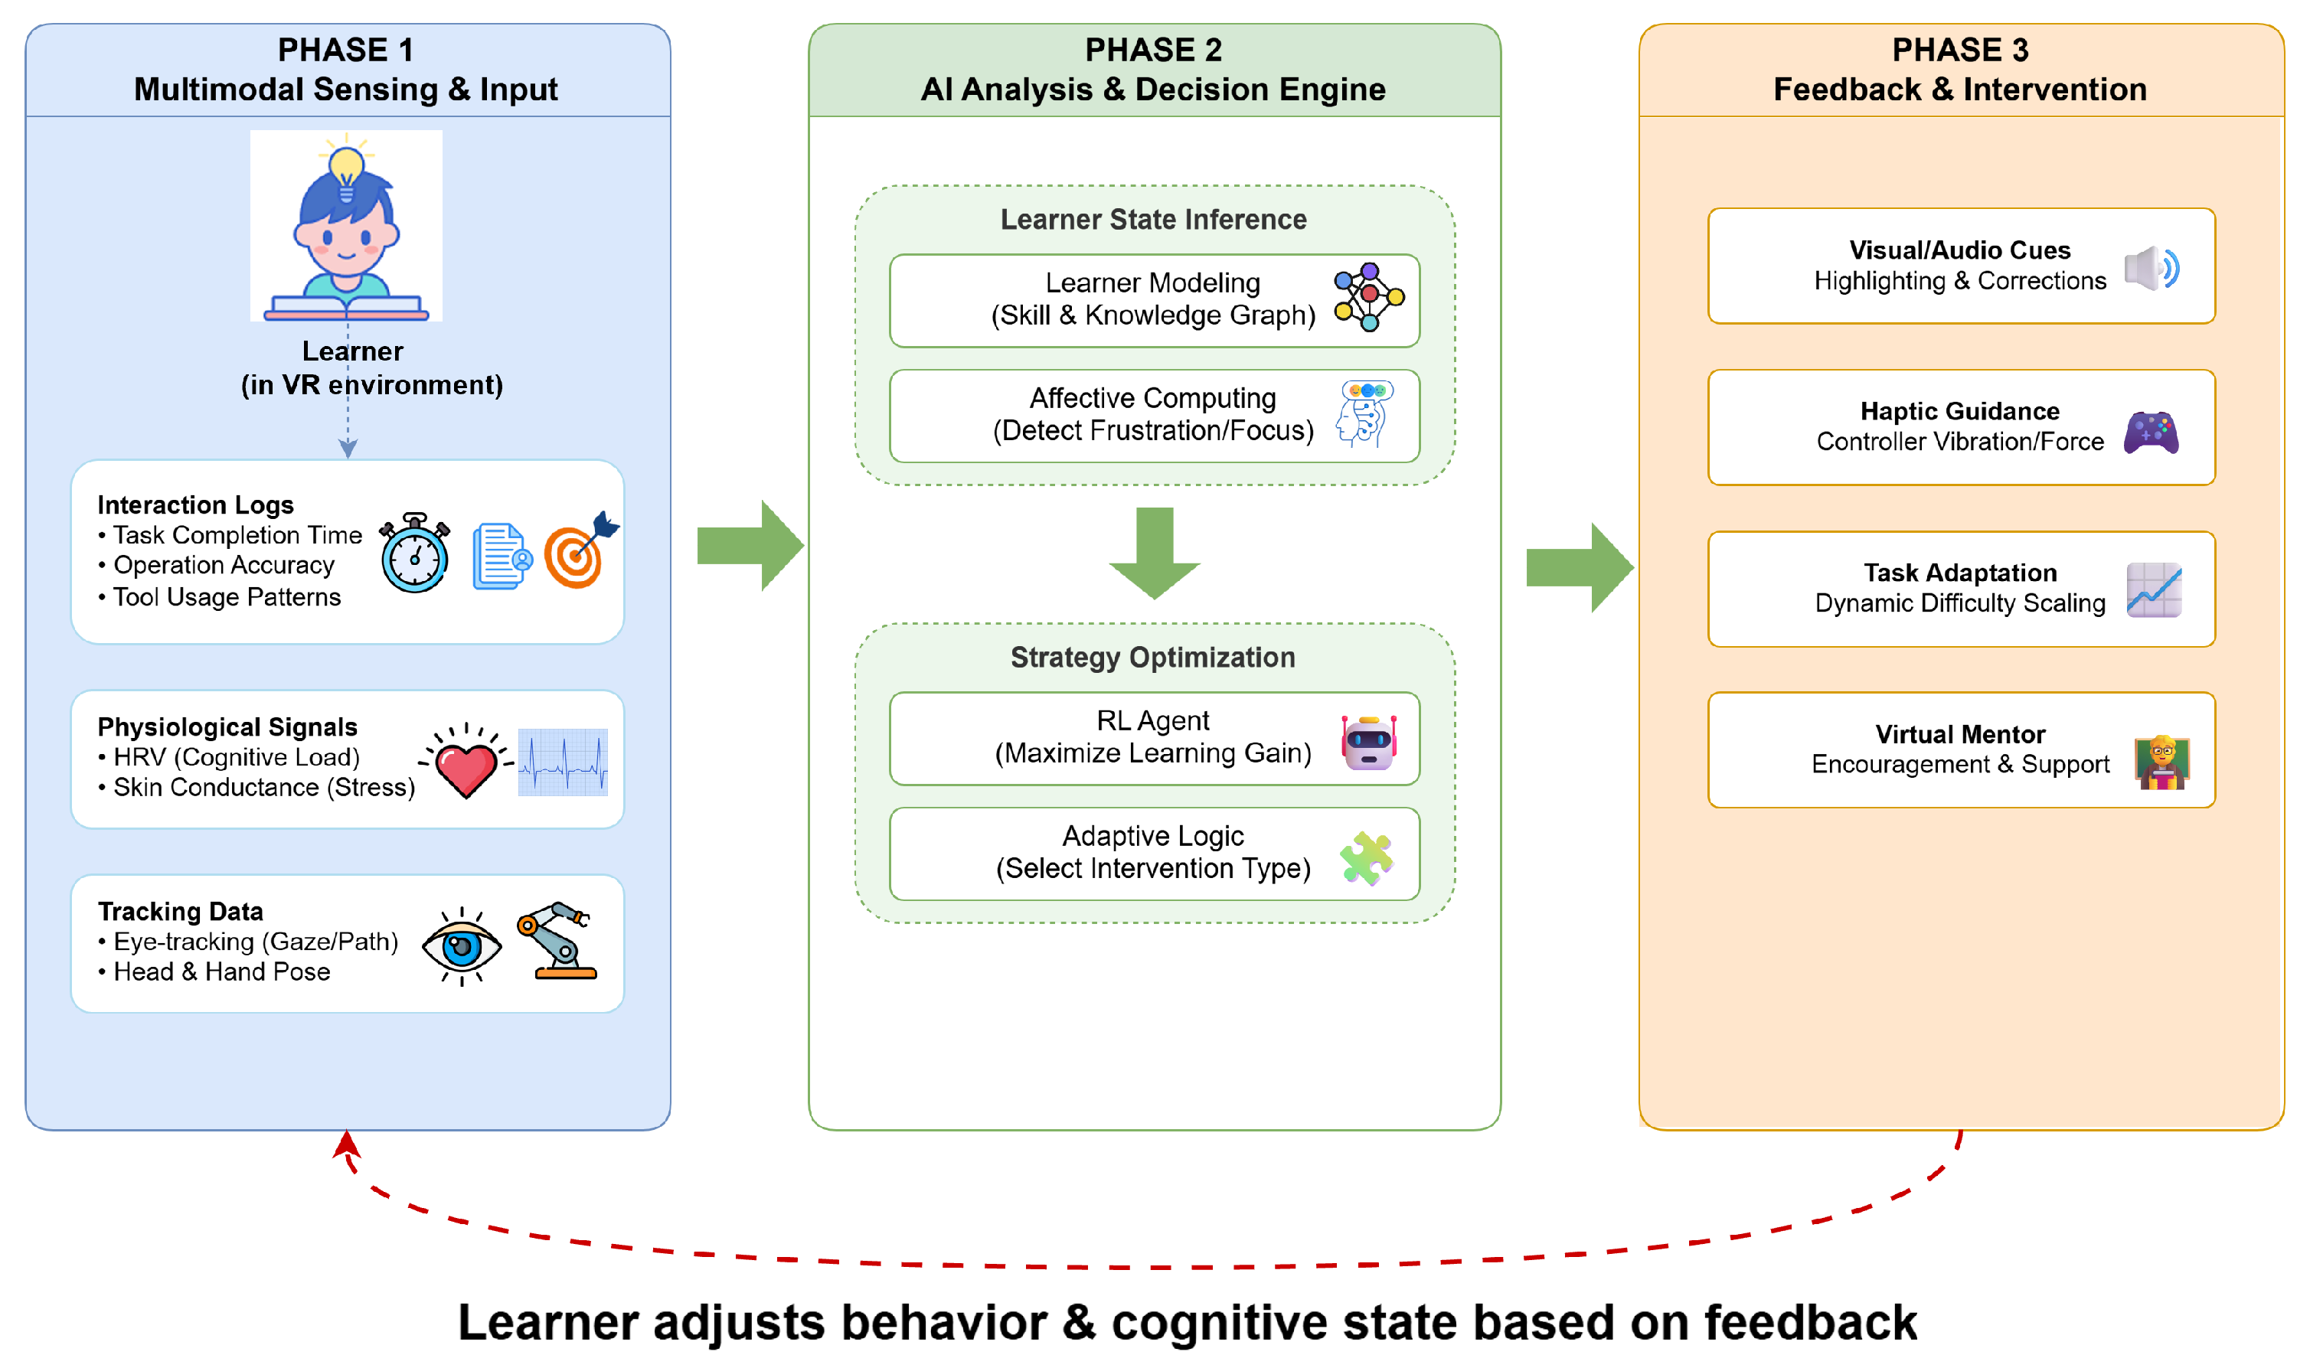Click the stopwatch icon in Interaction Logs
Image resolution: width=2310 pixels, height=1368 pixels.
415,553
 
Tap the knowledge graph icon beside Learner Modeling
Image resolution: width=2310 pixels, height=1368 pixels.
1369,297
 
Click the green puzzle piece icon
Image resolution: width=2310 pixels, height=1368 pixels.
1366,857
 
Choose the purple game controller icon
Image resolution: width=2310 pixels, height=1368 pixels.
2151,433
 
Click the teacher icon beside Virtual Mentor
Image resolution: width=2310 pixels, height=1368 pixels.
2161,762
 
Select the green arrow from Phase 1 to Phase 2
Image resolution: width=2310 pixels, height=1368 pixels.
750,546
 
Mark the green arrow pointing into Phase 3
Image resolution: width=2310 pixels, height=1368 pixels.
1579,567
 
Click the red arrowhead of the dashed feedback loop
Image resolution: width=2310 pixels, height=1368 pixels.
347,1145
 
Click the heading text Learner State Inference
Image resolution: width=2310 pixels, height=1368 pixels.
1153,220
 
